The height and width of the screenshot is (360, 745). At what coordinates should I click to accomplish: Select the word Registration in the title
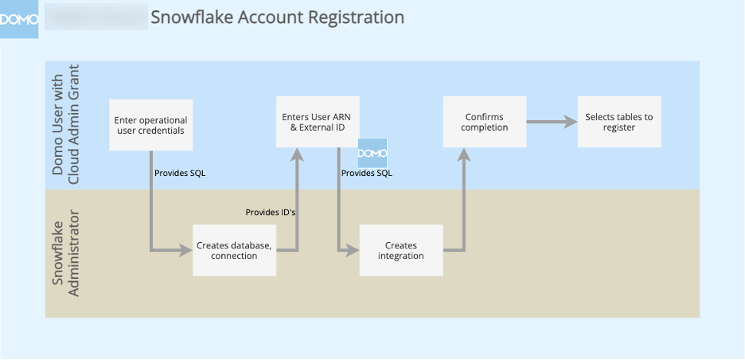point(357,17)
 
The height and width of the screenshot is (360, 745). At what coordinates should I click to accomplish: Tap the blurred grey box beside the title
point(95,17)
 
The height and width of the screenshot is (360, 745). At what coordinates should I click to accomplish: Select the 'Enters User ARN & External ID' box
point(317,122)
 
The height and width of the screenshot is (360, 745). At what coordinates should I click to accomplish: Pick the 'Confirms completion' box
point(484,122)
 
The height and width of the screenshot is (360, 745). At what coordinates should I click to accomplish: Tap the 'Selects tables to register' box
point(618,122)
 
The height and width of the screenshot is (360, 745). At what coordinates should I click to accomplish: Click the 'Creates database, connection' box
point(234,250)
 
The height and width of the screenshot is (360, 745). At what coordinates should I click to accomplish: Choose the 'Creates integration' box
point(400,250)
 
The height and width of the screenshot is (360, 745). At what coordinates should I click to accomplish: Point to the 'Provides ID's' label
point(271,212)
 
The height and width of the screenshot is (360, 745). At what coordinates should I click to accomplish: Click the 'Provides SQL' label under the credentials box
point(180,173)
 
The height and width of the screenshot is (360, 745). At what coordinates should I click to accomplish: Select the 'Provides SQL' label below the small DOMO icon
point(366,173)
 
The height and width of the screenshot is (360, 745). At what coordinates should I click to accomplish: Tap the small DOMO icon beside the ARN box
point(372,153)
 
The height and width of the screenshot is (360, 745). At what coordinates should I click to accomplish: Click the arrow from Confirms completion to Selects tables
point(551,122)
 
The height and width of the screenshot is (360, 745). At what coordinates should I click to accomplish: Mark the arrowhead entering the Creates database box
point(186,250)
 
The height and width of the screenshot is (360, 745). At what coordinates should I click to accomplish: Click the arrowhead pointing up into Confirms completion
point(462,154)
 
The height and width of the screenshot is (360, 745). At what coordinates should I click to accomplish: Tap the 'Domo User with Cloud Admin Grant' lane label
point(66,125)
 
